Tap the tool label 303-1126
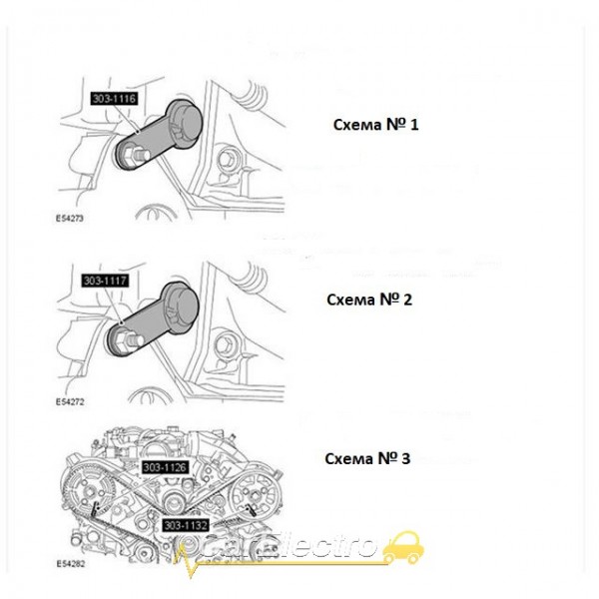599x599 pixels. [x=166, y=466]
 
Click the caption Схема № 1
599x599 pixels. [x=374, y=127]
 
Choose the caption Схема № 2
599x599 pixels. [x=368, y=299]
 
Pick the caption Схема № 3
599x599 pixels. [x=368, y=459]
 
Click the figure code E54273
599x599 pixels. [x=69, y=216]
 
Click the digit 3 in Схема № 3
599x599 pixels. [x=407, y=459]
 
